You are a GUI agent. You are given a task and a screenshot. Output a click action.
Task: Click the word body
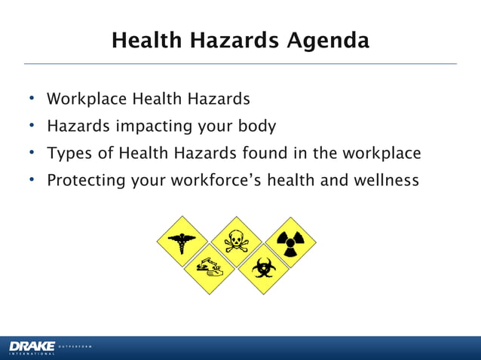tap(253, 127)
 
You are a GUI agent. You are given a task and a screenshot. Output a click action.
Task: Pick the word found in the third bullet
tap(266, 154)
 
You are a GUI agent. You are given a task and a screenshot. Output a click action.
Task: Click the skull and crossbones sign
tap(235, 242)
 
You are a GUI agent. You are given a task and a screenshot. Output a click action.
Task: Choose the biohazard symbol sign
tap(262, 268)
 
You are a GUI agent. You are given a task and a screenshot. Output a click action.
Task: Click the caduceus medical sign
tap(182, 242)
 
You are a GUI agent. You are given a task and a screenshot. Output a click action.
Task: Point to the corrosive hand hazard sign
tap(209, 268)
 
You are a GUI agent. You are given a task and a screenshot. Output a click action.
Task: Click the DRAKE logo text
tap(32, 345)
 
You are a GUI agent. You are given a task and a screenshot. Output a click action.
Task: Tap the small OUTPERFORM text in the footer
tap(75, 346)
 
